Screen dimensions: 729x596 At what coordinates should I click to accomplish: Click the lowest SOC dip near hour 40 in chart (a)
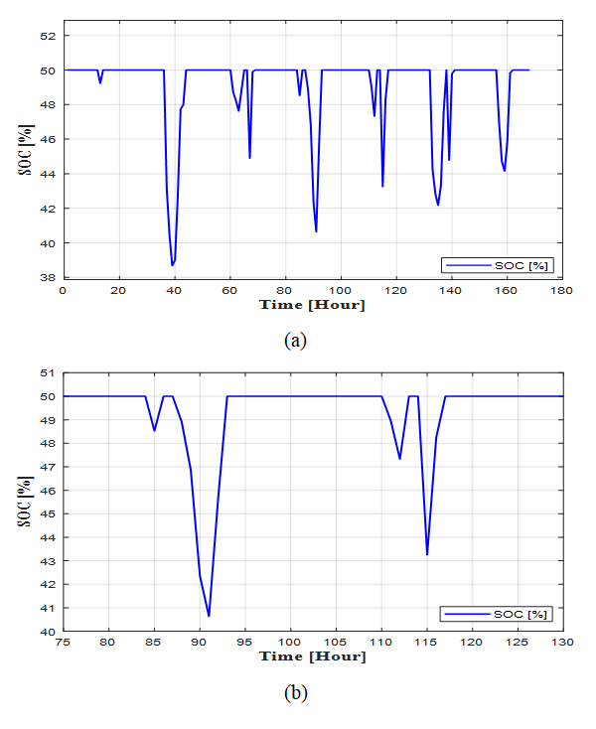coord(172,265)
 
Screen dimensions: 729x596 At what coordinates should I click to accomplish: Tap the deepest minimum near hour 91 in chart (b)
coord(209,616)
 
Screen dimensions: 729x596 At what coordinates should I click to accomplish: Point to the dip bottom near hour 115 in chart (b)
coord(427,553)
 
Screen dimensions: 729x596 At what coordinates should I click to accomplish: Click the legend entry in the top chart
coord(498,264)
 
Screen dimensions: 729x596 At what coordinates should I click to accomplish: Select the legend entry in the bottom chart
coord(498,616)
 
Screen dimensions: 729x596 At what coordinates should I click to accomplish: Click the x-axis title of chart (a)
coord(312,305)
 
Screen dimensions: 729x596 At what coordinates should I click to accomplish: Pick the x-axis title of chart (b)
coord(312,656)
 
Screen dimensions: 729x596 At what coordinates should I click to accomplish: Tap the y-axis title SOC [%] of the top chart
coord(27,149)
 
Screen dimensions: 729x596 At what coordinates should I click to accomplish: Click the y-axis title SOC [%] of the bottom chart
coord(27,501)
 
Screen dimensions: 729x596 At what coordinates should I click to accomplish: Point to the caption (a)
coord(294,340)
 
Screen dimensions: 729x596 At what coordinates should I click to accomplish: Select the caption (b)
coord(294,693)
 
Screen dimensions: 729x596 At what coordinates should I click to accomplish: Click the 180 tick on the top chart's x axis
coord(562,290)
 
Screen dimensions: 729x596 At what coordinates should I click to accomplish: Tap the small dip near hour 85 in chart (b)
coord(154,430)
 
